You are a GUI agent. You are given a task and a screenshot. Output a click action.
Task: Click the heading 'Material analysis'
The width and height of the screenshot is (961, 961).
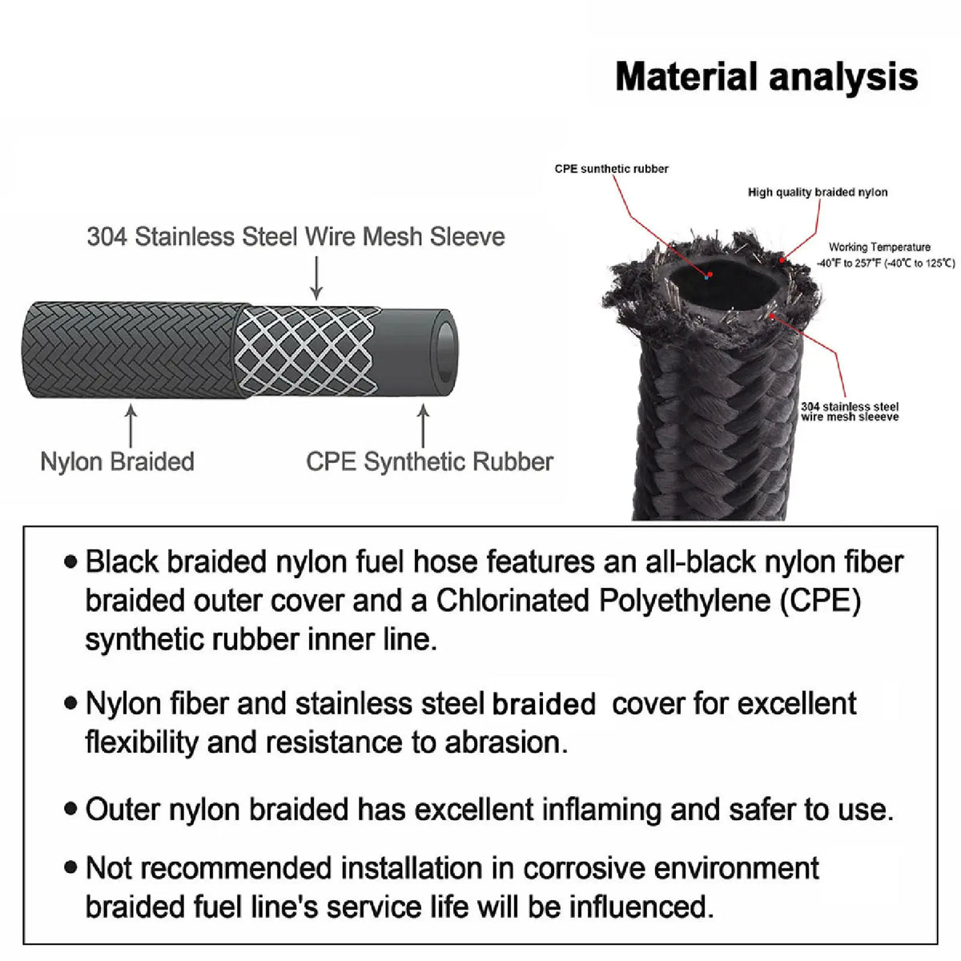(x=766, y=78)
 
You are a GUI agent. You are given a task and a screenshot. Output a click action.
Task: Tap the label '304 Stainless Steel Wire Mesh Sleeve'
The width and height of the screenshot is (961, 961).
(x=296, y=236)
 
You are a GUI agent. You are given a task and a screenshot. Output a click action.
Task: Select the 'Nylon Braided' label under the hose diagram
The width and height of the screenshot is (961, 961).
(x=117, y=462)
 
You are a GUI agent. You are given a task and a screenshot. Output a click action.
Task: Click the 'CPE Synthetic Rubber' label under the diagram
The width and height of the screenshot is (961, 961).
(x=429, y=462)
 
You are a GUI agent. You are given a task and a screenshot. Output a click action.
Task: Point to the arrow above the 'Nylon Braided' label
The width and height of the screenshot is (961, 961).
(x=131, y=425)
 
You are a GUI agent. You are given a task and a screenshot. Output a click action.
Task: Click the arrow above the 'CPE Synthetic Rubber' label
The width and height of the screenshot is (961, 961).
(x=423, y=425)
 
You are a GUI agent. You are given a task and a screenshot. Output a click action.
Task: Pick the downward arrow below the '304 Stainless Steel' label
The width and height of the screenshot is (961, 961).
(x=316, y=278)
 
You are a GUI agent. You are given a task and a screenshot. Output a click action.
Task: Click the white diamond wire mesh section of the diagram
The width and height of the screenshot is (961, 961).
(x=305, y=351)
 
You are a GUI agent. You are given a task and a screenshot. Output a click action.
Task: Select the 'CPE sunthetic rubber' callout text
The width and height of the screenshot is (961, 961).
(x=611, y=169)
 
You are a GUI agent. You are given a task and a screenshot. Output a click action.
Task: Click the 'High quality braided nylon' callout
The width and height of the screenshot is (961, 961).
(x=818, y=192)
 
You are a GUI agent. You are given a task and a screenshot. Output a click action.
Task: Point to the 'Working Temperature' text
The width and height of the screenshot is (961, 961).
(x=879, y=247)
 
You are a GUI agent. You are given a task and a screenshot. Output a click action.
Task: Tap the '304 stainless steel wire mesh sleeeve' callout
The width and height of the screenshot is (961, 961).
(x=850, y=412)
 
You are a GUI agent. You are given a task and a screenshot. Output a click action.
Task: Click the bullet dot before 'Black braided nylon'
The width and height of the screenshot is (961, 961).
(x=71, y=562)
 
